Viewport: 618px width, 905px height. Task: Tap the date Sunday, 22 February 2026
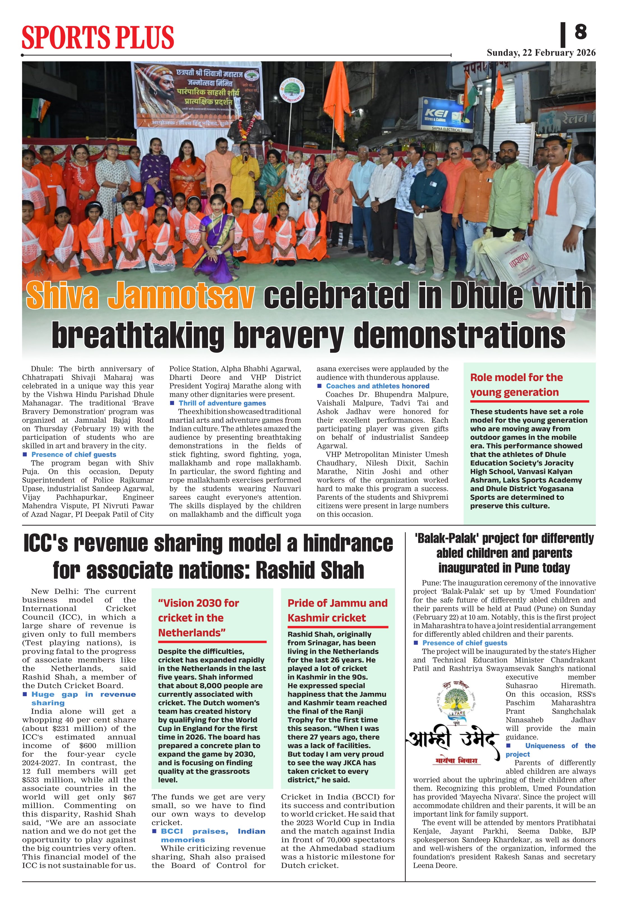(541, 53)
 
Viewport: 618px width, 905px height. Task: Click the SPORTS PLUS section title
(98, 37)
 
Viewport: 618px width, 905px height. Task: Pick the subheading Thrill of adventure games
(222, 403)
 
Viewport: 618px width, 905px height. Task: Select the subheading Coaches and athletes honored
(377, 386)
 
